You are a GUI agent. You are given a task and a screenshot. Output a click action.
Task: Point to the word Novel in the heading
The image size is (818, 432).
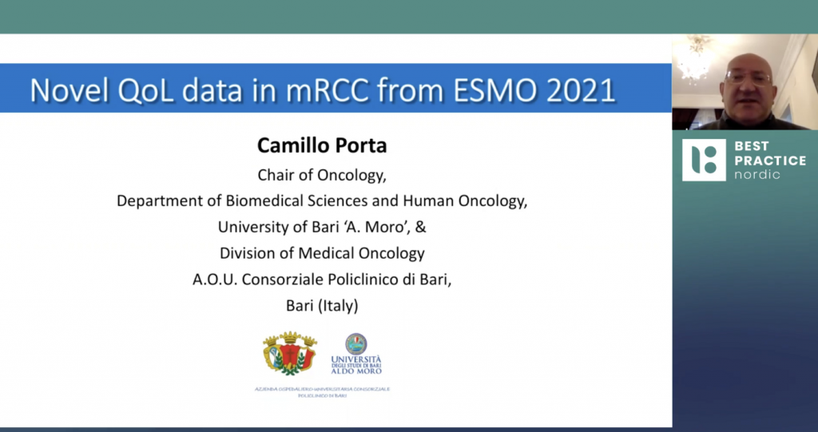pyautogui.click(x=69, y=90)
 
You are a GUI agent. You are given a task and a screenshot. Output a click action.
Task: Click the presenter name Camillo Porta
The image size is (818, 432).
pyautogui.click(x=322, y=145)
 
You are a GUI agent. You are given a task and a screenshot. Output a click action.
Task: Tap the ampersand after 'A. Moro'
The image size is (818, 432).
pyautogui.click(x=421, y=227)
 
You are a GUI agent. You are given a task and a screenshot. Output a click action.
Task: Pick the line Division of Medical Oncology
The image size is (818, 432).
pyautogui.click(x=322, y=253)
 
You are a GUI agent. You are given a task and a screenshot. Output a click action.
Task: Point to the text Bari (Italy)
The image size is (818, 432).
pyautogui.click(x=322, y=305)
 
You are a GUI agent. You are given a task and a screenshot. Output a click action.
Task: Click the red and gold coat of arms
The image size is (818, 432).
pyautogui.click(x=290, y=353)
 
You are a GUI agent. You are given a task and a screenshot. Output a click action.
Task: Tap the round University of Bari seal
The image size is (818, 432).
pyautogui.click(x=356, y=344)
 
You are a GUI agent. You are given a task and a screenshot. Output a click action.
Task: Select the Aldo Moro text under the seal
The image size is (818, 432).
pyautogui.click(x=356, y=371)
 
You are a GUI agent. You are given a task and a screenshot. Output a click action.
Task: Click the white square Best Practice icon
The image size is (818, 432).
pyautogui.click(x=703, y=160)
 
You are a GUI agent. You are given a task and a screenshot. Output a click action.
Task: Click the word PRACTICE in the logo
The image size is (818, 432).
pyautogui.click(x=770, y=160)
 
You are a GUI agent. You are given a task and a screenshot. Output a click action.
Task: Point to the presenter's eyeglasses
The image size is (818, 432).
pyautogui.click(x=749, y=78)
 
